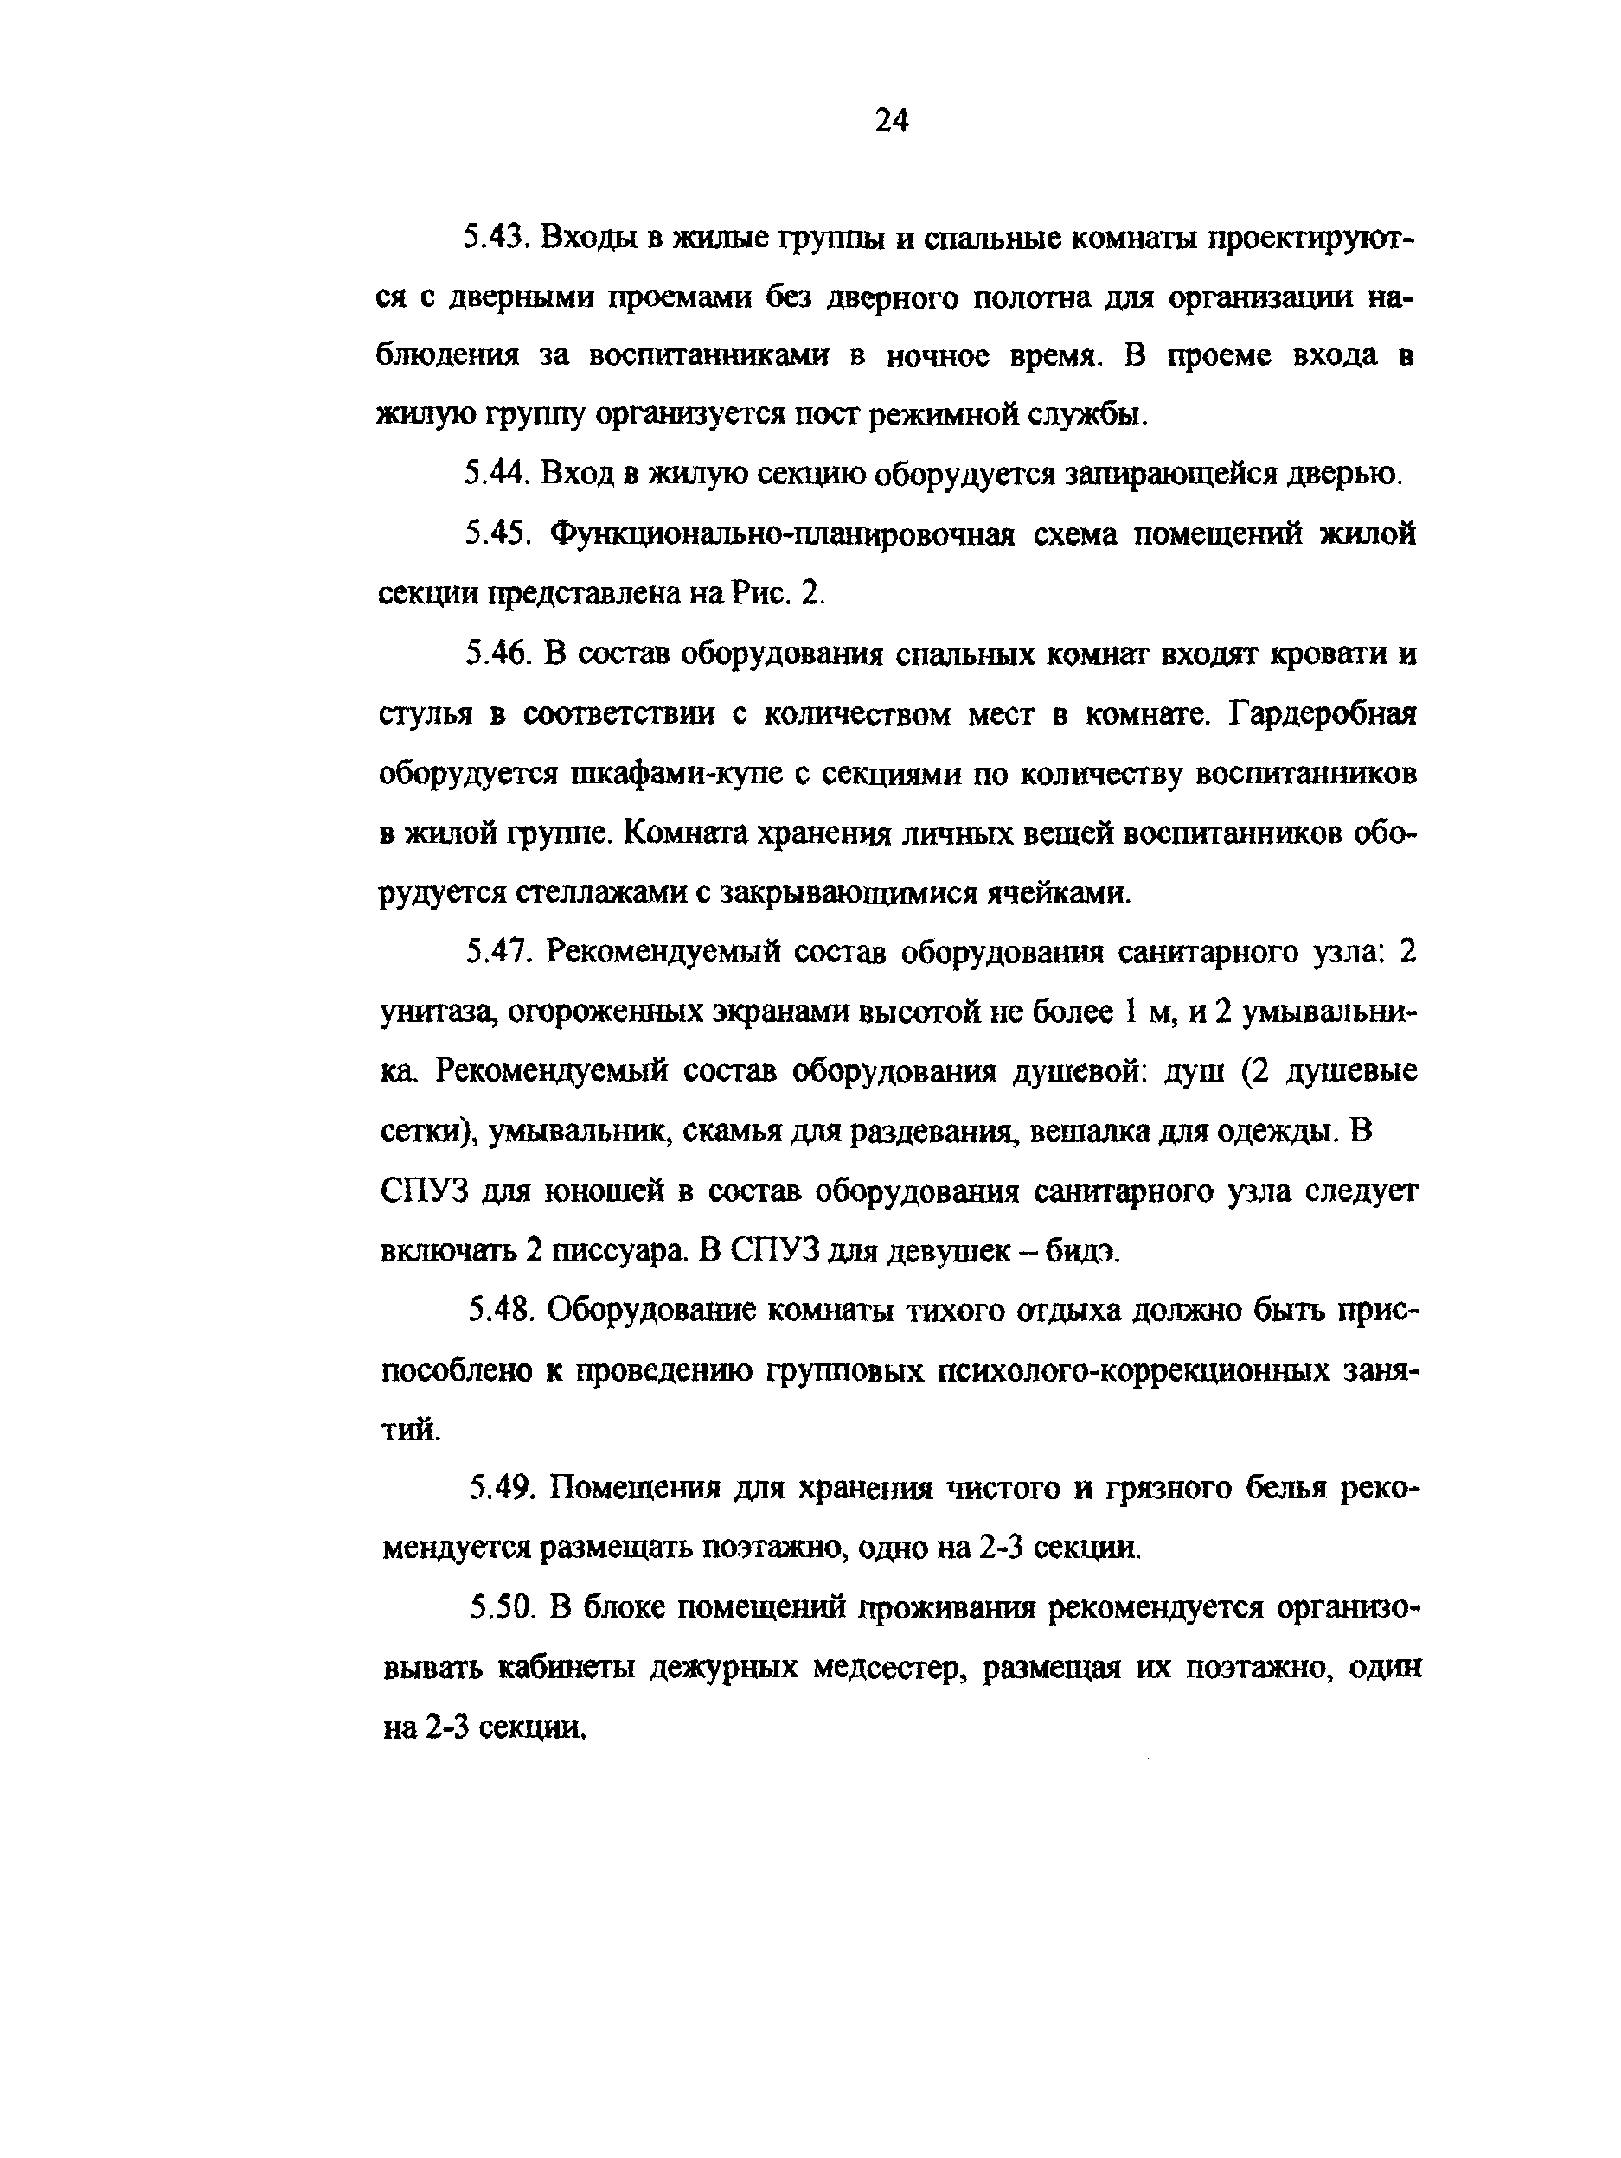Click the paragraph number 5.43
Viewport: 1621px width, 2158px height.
[x=495, y=238]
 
